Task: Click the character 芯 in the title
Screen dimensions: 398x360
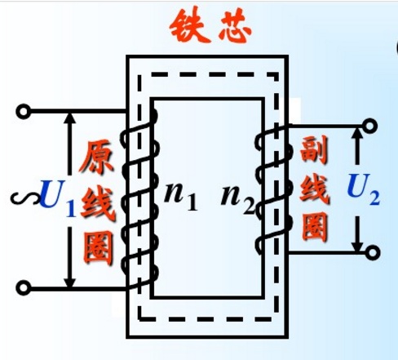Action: tap(235, 27)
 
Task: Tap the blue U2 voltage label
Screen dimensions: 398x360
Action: tap(363, 189)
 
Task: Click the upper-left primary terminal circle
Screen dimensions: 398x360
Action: tap(24, 111)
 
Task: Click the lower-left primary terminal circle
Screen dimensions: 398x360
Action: tap(24, 287)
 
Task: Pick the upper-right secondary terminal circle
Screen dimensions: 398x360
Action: tap(370, 126)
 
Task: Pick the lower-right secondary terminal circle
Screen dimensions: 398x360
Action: tap(373, 252)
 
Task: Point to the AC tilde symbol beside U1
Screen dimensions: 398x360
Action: tap(24, 198)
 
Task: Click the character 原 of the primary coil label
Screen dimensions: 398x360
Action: tap(96, 157)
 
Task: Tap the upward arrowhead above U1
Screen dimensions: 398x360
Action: tap(70, 118)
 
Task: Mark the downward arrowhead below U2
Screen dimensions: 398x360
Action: tap(358, 246)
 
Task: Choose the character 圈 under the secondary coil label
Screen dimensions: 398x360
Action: tap(315, 227)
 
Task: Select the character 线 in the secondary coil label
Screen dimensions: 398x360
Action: tap(315, 188)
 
